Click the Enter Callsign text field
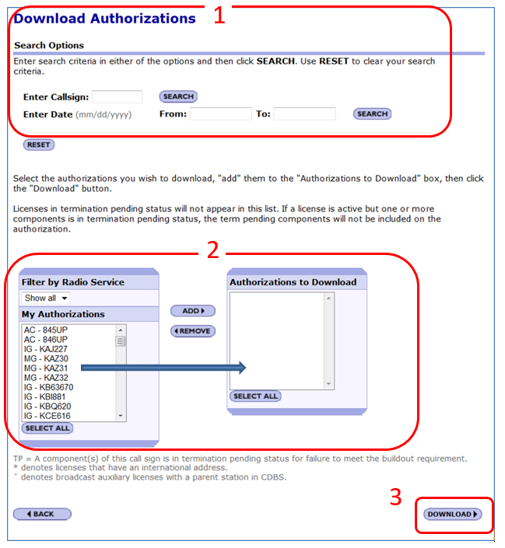click(x=117, y=97)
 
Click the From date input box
click(x=220, y=114)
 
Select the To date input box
click(x=303, y=114)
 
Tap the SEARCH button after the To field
click(x=371, y=114)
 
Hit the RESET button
click(x=39, y=145)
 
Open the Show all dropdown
click(x=46, y=298)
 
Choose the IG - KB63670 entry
click(x=48, y=386)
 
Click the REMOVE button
click(x=192, y=331)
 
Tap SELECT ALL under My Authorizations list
click(x=47, y=428)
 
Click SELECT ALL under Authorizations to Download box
click(x=255, y=396)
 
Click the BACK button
click(x=42, y=514)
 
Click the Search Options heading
click(x=49, y=46)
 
